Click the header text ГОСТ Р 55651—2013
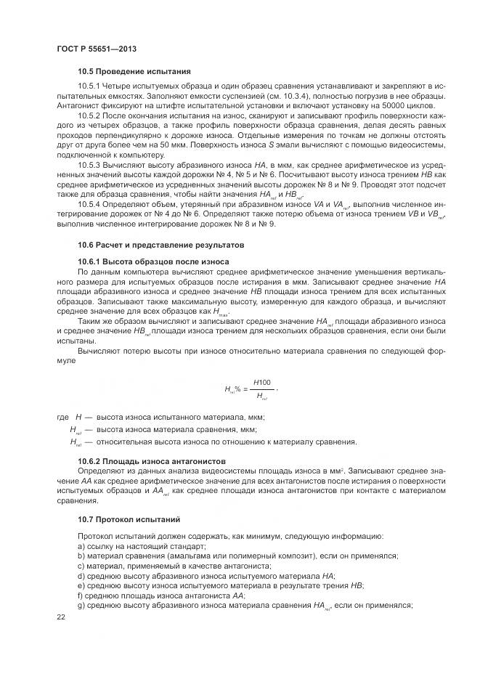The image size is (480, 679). [x=97, y=48]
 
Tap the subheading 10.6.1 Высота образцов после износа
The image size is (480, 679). [x=153, y=261]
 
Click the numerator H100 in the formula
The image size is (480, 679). [x=262, y=381]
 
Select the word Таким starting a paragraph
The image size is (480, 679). [x=89, y=320]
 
